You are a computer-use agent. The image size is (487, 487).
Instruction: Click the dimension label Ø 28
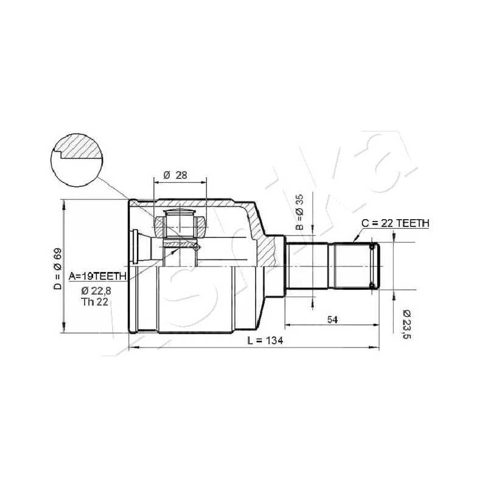(175, 175)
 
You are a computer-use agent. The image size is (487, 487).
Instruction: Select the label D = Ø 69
(58, 269)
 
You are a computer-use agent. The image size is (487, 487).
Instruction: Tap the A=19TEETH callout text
(97, 276)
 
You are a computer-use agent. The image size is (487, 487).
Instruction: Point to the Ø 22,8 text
(96, 291)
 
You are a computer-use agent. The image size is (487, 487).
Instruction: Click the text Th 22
(94, 301)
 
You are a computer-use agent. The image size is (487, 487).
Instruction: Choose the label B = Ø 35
(300, 212)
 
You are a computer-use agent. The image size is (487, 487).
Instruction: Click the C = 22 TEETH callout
(395, 223)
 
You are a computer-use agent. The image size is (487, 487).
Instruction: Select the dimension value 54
(332, 320)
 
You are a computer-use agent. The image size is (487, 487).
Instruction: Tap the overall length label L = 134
(265, 341)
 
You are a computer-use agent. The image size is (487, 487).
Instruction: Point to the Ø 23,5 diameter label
(406, 324)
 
